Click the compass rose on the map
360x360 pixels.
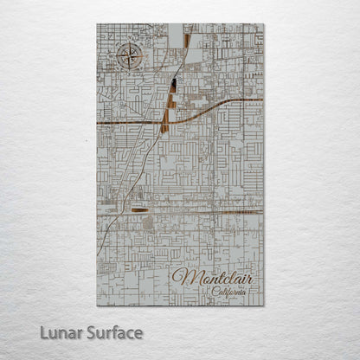click(x=126, y=59)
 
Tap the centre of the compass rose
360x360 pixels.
click(x=126, y=59)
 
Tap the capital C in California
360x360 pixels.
click(x=214, y=292)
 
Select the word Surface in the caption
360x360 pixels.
click(x=116, y=332)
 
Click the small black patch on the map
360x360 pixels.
click(x=174, y=84)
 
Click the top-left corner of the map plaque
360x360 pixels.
click(x=97, y=24)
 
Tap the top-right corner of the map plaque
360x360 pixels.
click(x=263, y=24)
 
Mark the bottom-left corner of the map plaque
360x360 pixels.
click(x=97, y=305)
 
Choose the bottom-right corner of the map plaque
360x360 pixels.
click(x=263, y=305)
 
